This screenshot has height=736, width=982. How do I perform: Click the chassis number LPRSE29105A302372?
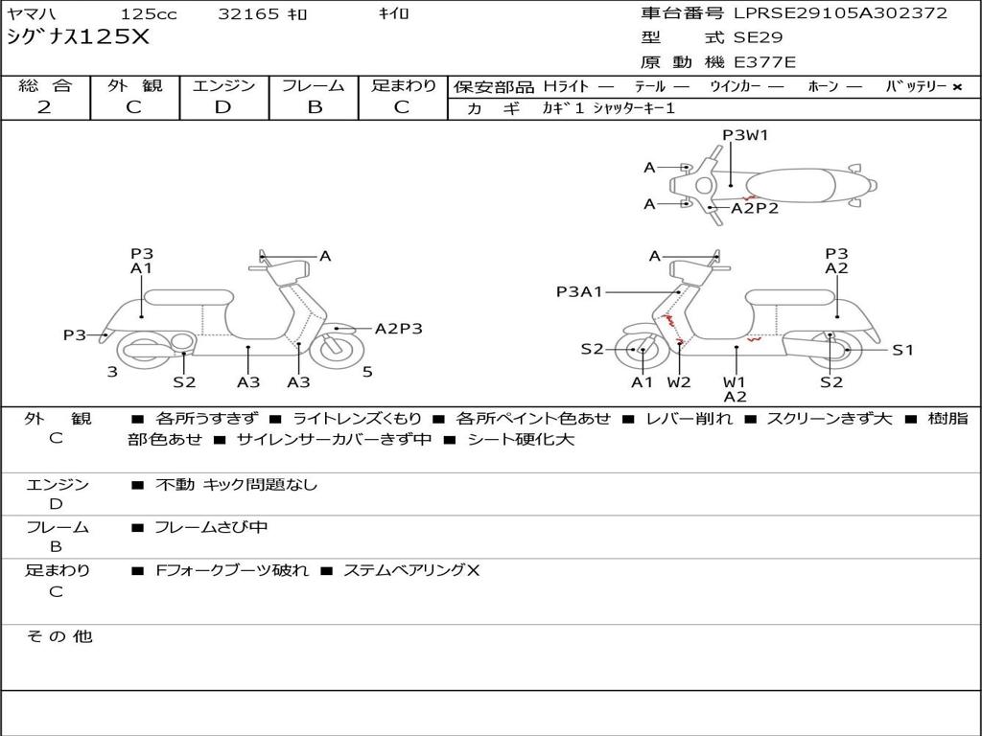[840, 13]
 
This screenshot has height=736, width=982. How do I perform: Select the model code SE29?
[758, 38]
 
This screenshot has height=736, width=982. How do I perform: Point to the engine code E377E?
[764, 63]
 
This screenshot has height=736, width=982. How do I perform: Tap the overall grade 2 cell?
[44, 107]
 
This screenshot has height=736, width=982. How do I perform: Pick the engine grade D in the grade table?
[223, 107]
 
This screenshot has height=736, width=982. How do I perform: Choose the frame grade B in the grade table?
[314, 107]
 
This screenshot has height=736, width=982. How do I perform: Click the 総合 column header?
[44, 86]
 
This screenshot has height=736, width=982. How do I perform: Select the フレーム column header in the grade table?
[314, 86]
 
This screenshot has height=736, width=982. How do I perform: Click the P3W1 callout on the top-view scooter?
[745, 135]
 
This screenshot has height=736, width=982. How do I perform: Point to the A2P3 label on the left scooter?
[398, 329]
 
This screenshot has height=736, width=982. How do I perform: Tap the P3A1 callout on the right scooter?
[579, 292]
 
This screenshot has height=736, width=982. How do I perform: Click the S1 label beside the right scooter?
[903, 350]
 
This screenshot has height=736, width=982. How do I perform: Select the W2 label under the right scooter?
[679, 382]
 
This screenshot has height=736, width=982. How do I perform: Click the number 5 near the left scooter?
[367, 372]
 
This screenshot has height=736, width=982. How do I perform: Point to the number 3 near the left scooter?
[112, 372]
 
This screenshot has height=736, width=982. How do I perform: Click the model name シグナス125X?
[78, 37]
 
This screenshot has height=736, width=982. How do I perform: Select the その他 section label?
[58, 636]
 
